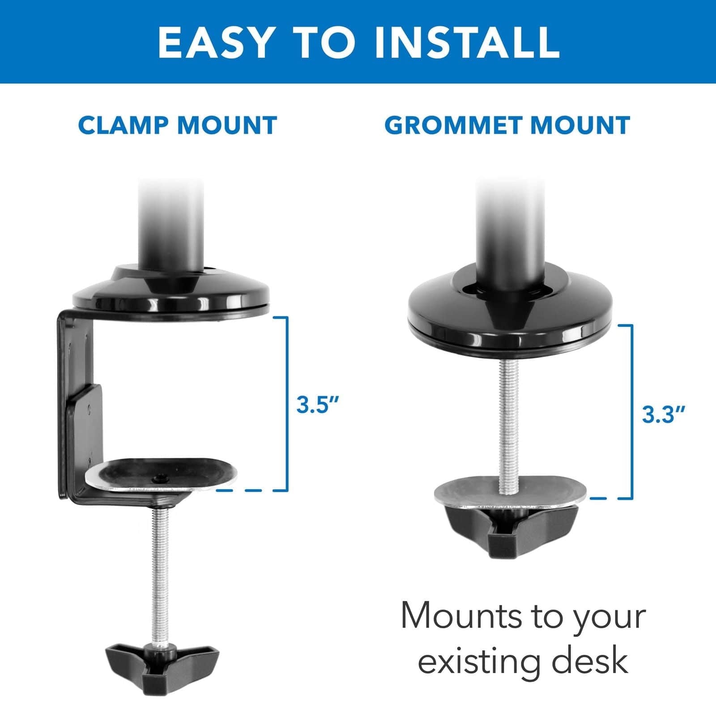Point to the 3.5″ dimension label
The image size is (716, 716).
pos(319,405)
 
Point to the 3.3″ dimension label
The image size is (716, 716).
pos(664,414)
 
